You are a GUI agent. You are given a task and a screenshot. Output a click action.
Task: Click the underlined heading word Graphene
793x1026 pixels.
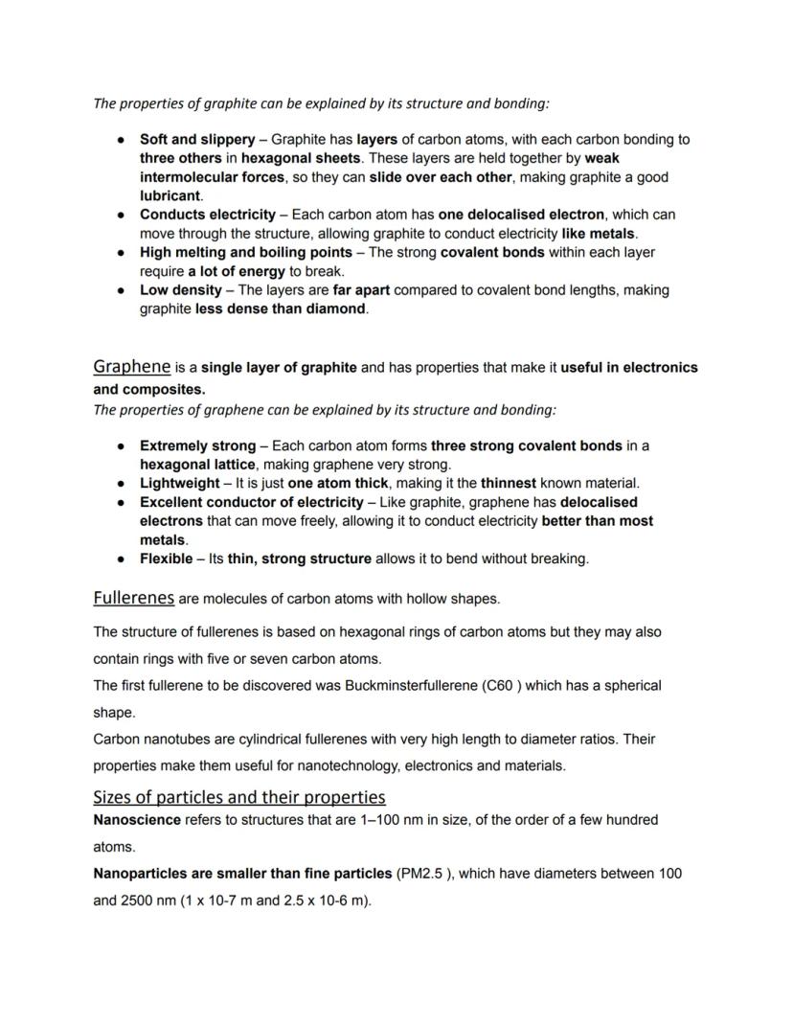click(x=131, y=367)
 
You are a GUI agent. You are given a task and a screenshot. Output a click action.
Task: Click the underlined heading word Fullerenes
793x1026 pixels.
click(x=133, y=598)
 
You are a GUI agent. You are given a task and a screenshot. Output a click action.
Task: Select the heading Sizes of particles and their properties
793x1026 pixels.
click(x=238, y=797)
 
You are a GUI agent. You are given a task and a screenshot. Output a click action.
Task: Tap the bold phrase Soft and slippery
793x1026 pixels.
click(x=197, y=139)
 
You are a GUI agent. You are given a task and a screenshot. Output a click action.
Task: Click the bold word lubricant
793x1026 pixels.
click(x=170, y=195)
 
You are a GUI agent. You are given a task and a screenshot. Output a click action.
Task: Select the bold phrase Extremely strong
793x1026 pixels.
click(x=197, y=445)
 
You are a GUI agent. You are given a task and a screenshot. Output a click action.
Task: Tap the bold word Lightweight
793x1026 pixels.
click(x=179, y=483)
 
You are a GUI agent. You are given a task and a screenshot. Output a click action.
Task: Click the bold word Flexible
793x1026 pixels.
click(x=166, y=559)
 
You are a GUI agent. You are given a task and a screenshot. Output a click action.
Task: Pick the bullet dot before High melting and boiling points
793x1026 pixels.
click(x=121, y=253)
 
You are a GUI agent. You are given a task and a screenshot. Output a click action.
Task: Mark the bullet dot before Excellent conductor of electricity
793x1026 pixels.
click(x=121, y=502)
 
